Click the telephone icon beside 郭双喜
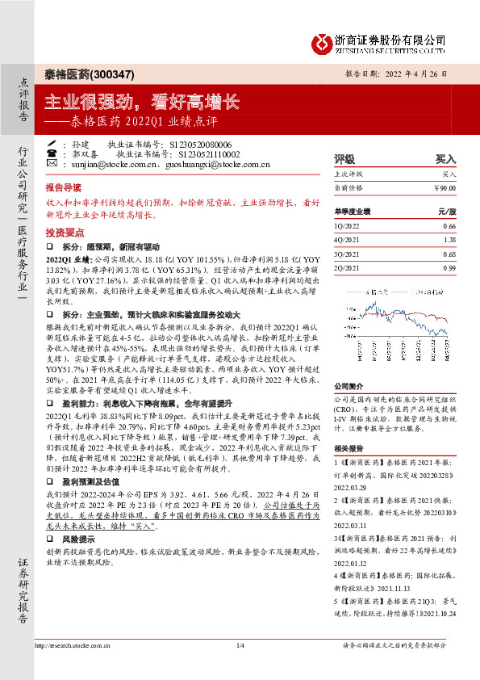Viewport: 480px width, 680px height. point(51,152)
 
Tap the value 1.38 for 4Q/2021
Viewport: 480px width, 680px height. point(450,241)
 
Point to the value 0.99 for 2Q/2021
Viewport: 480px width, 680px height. point(450,267)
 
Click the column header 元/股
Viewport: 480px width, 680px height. point(446,212)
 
